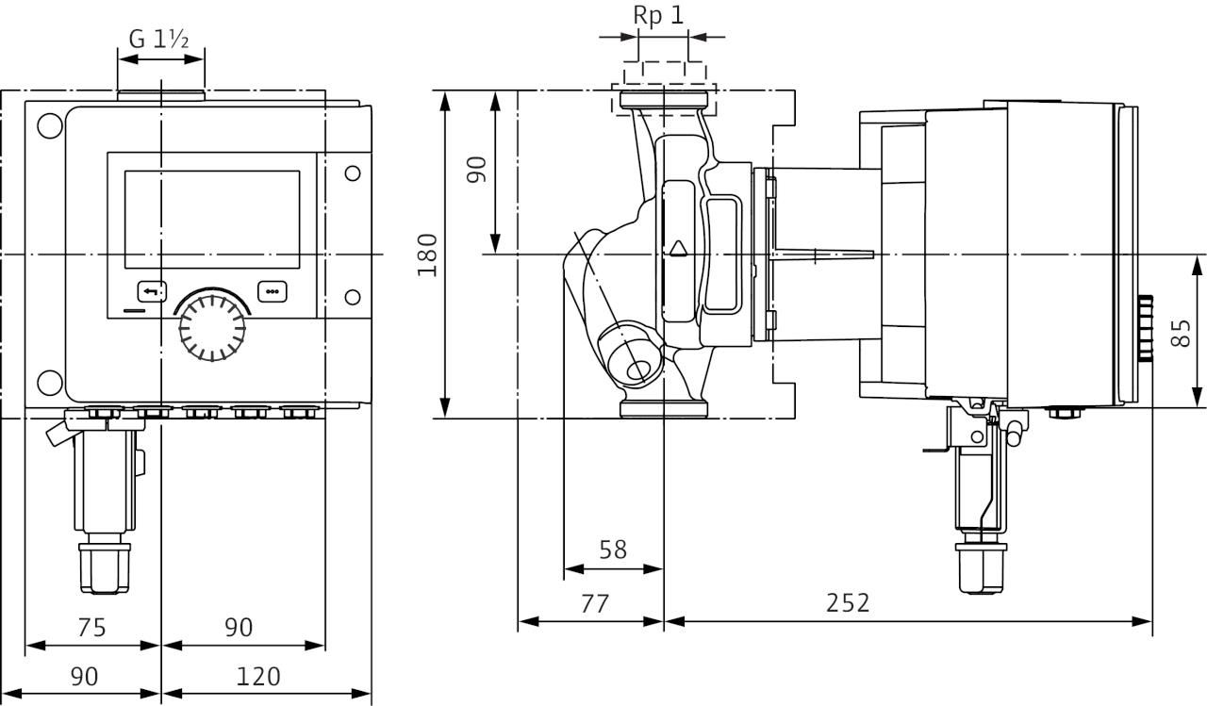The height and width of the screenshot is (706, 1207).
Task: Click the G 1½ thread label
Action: [159, 40]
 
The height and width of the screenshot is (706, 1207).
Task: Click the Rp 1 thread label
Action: [658, 15]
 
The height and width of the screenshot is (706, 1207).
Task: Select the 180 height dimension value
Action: [427, 255]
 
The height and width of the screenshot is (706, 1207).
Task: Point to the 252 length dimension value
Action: [848, 603]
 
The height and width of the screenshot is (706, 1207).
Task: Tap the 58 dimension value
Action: [613, 550]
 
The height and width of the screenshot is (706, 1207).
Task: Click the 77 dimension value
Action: [595, 603]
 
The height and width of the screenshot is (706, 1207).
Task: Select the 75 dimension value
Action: [91, 628]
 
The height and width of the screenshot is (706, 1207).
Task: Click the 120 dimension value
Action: [258, 677]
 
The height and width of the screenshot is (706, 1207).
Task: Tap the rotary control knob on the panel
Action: [212, 327]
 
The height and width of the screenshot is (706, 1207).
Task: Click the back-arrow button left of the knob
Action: [152, 292]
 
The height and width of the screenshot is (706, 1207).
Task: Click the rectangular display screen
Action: [212, 220]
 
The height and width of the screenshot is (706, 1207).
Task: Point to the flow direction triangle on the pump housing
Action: [678, 248]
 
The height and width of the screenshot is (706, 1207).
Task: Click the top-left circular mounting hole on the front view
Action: [50, 125]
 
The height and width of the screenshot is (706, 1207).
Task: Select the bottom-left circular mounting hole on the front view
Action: [50, 383]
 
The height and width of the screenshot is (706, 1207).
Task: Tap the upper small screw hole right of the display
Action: [353, 173]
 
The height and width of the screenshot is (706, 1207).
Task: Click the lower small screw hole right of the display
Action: [353, 297]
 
